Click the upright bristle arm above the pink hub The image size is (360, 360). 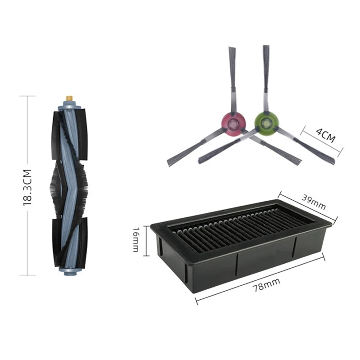coord(233,76)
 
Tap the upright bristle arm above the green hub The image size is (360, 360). coord(266,74)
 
